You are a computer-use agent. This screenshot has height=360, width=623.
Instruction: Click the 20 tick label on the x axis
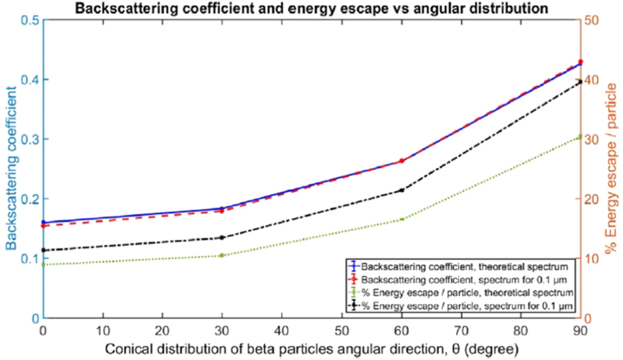[163, 331]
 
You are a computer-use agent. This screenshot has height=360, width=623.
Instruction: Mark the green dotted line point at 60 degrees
[402, 219]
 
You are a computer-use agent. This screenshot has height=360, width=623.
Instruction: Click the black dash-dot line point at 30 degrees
[222, 237]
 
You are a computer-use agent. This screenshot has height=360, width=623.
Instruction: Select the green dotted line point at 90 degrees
[580, 136]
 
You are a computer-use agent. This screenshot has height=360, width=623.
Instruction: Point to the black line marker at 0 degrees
[44, 250]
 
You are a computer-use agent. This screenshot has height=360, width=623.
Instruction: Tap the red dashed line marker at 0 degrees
[44, 225]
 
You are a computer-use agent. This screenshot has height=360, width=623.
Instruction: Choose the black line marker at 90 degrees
[580, 82]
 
